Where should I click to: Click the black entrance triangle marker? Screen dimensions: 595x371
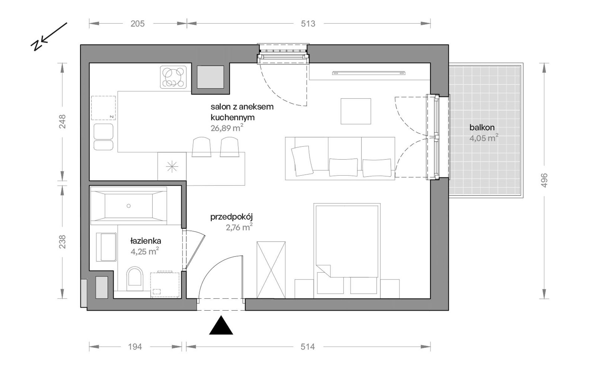pos(221,326)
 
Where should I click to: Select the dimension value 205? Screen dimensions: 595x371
pos(137,24)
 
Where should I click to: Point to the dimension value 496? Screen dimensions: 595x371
pos(544,180)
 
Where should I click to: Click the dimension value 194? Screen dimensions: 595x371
pos(135,347)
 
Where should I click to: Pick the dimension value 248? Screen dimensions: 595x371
pos(63,121)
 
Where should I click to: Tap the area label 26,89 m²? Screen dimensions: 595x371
pos(227,128)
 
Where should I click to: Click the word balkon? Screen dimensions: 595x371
pos(482,127)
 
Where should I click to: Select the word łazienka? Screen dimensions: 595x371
pos(146,241)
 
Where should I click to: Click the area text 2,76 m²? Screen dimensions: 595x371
pos(239,227)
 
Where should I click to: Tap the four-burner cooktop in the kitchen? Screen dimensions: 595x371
pos(173,77)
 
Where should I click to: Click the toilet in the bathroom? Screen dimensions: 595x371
pos(135,276)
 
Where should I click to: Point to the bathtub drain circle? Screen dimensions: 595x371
pos(128,206)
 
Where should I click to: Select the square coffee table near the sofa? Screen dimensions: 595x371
pos(356,111)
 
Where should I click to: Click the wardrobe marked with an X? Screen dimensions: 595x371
pos(271,270)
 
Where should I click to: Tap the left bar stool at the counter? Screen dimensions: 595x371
pos(201,147)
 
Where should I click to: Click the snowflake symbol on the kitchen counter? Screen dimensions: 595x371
pos(172,167)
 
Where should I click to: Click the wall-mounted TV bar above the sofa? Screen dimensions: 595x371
pos(369,73)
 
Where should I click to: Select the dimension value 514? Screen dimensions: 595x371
pos(308,347)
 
